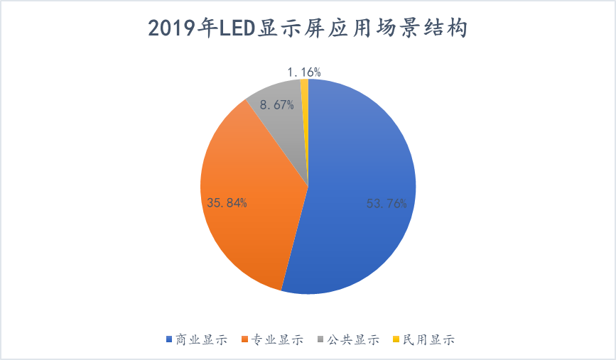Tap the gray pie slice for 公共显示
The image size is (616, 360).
click(x=281, y=128)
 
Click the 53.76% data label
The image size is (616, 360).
click(x=386, y=204)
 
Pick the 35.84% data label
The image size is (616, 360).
click(x=227, y=203)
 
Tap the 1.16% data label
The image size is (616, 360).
click(x=304, y=71)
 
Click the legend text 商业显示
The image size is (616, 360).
click(x=201, y=339)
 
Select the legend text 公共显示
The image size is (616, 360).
click(x=353, y=339)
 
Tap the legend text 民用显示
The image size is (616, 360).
click(x=428, y=339)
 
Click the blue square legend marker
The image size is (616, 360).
click(x=169, y=339)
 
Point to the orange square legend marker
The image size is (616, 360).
click(x=246, y=339)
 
